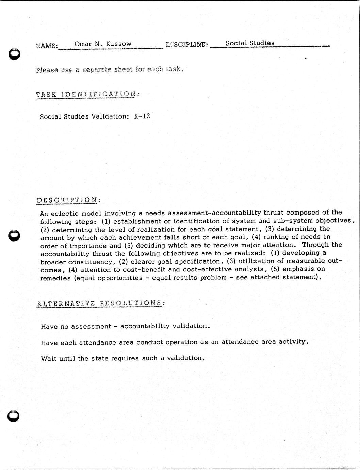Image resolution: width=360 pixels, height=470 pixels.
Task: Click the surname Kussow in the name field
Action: (119, 44)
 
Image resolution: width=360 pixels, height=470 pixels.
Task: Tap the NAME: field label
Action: (47, 46)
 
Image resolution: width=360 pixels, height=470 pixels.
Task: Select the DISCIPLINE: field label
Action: (187, 45)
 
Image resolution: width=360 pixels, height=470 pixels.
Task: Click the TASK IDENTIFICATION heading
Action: (87, 95)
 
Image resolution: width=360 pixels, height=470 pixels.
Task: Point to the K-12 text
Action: (142, 116)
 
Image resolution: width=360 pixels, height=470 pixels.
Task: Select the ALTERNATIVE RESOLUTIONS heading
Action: (101, 303)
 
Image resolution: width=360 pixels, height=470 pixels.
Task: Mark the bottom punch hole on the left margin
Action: (14, 416)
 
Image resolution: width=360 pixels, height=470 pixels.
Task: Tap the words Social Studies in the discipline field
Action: (250, 43)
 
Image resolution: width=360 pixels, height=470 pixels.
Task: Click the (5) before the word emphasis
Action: (276, 269)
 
